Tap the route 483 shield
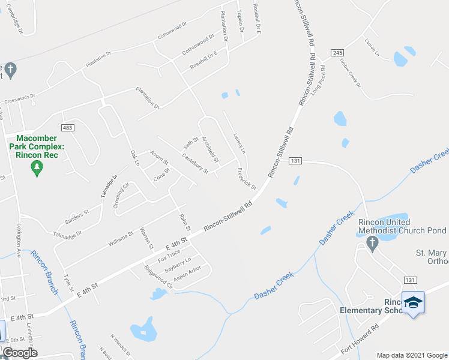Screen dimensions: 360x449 [x=67, y=128]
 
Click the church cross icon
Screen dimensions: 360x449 [x=372, y=243]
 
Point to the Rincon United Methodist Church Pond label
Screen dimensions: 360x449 [x=402, y=226]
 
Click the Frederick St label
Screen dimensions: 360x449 [x=247, y=179]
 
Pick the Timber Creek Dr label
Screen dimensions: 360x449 [x=350, y=73]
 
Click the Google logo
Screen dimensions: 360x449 [x=20, y=353]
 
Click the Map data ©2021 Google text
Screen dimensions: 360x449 [x=412, y=355]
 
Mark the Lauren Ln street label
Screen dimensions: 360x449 [x=372, y=48]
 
